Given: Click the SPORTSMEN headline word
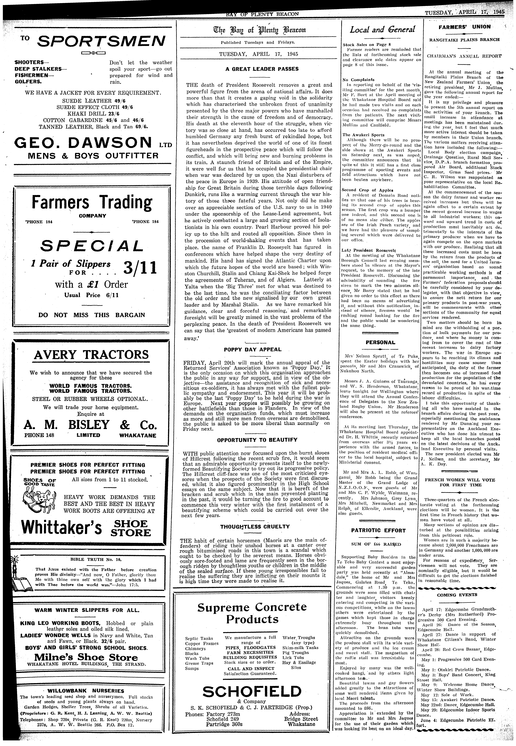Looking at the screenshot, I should [101, 41].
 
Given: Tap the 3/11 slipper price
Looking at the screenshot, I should [140, 267].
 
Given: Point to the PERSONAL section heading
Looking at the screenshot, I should [380, 342].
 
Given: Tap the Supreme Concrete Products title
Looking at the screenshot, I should [252, 613].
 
